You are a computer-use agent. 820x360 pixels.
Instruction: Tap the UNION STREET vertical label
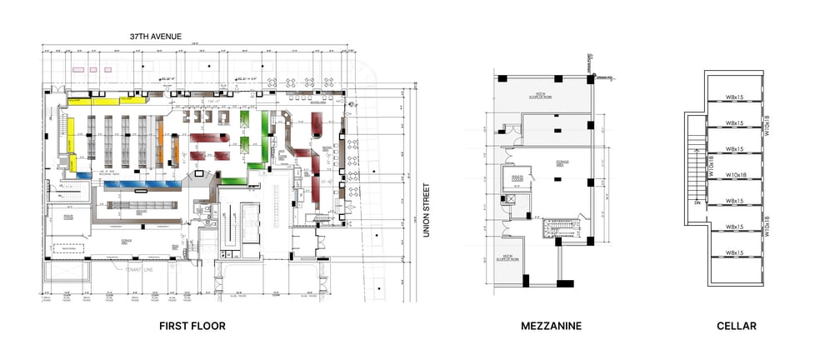pyautogui.click(x=426, y=211)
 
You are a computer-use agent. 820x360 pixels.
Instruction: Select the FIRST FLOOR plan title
pyautogui.click(x=192, y=326)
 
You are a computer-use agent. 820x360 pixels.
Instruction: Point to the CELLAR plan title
pyautogui.click(x=737, y=326)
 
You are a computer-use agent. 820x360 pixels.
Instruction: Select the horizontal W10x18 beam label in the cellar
pyautogui.click(x=734, y=175)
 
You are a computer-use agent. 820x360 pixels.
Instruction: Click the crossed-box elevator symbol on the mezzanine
pyautogui.click(x=507, y=200)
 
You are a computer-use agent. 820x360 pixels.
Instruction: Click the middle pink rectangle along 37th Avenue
pyautogui.click(x=92, y=69)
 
